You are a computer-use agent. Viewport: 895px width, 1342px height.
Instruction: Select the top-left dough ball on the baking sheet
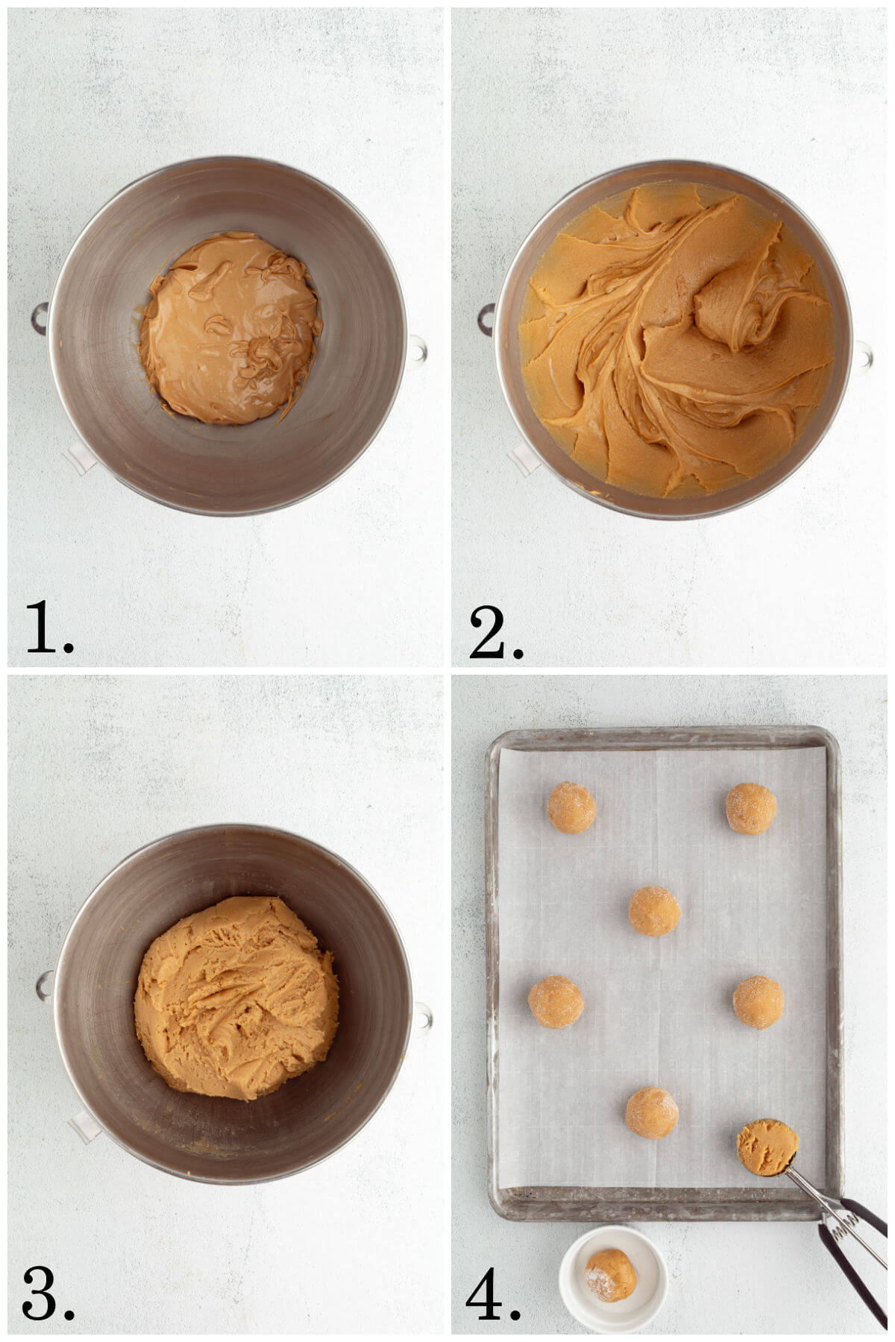(571, 807)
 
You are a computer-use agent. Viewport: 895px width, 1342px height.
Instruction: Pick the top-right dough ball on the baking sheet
(751, 807)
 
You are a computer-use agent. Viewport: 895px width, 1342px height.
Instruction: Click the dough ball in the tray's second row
(654, 910)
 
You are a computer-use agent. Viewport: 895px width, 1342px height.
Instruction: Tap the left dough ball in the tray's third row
(556, 1001)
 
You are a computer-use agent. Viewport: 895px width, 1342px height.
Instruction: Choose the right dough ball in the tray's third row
(758, 1001)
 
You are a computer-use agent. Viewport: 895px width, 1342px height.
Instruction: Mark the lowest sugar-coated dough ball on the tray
(652, 1112)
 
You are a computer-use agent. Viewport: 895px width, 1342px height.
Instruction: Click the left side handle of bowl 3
(44, 986)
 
